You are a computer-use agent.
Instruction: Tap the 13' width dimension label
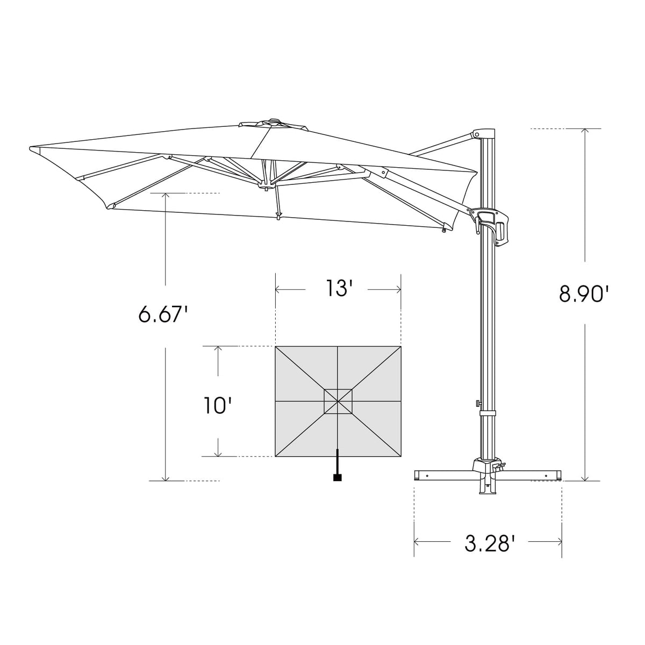point(338,289)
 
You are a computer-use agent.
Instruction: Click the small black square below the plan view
point(338,477)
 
